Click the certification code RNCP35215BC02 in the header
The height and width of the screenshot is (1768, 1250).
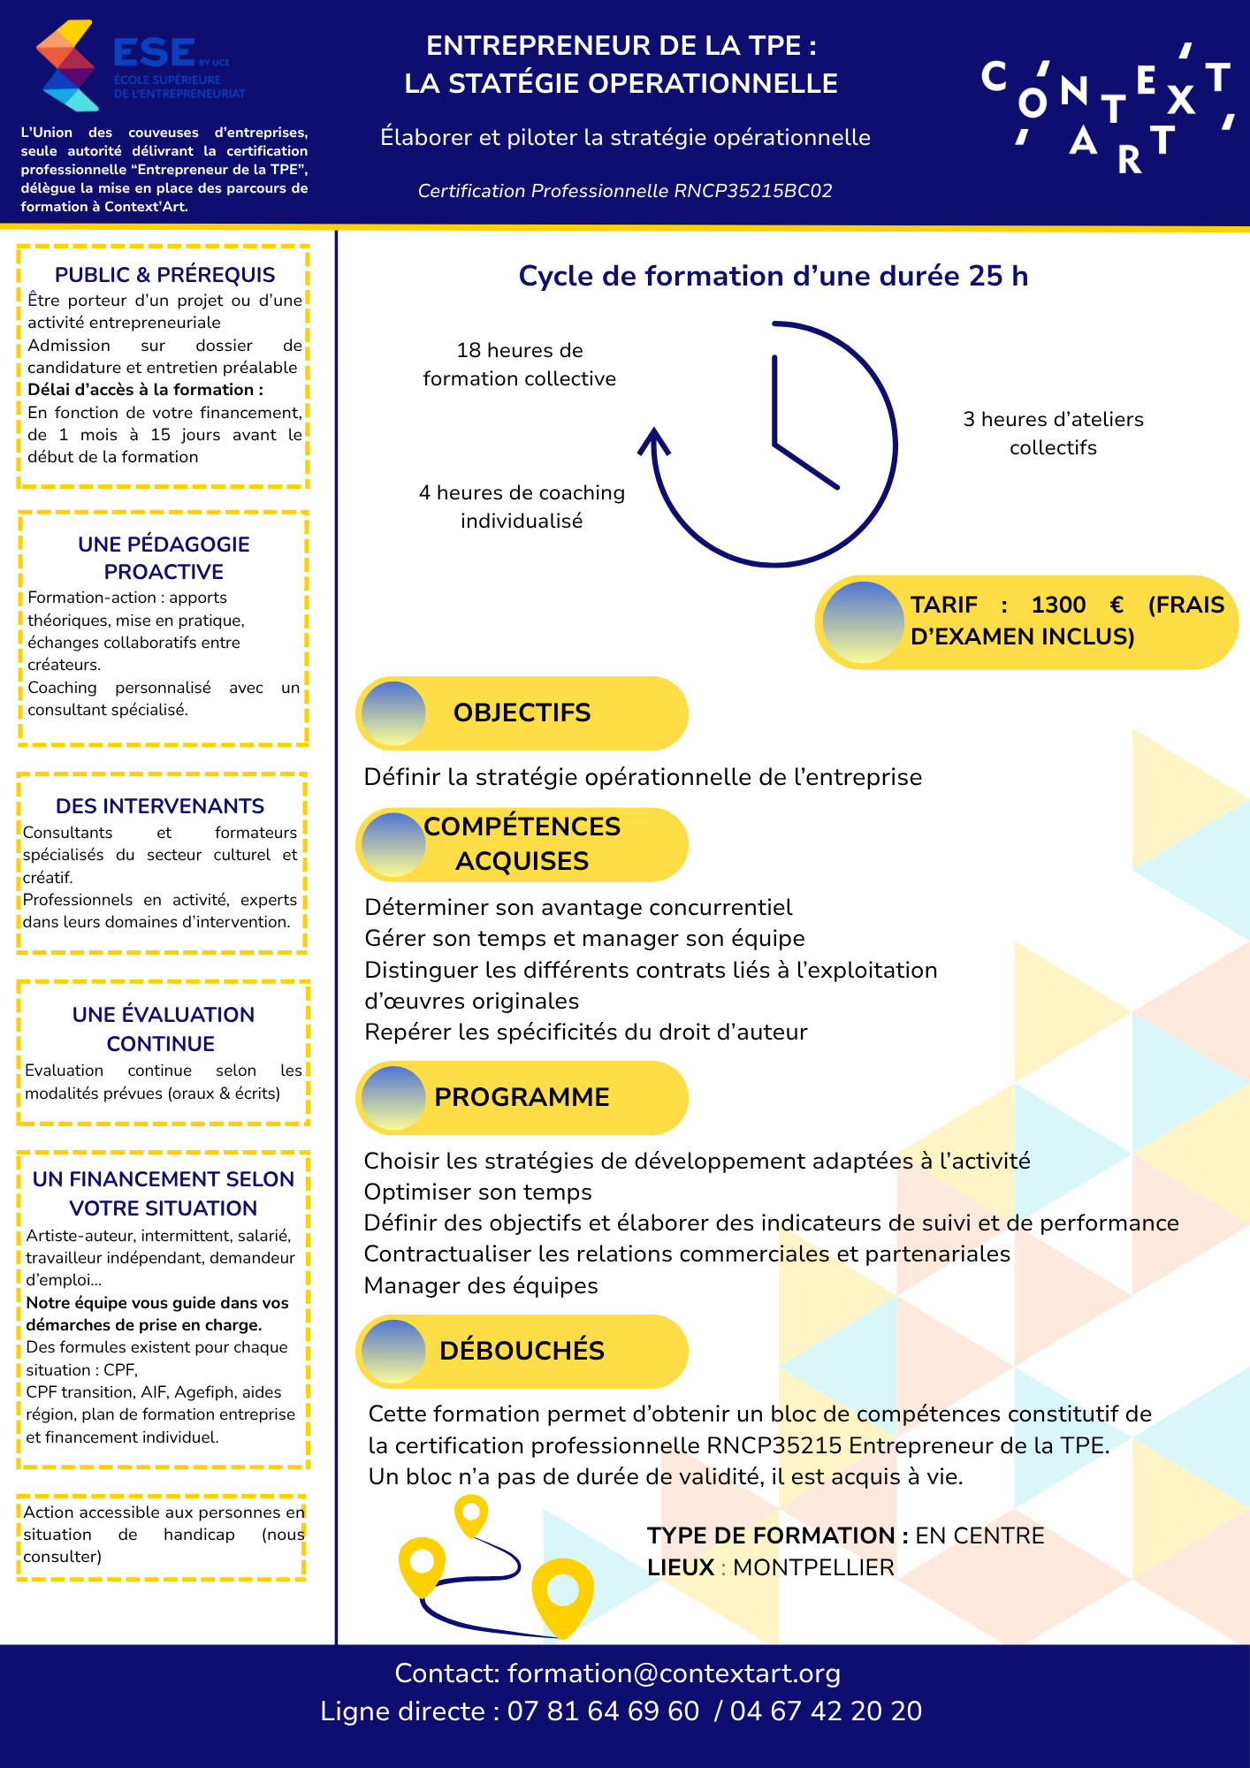752,191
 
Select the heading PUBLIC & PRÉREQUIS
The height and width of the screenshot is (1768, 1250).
164,275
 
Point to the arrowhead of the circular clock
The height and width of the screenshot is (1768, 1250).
654,438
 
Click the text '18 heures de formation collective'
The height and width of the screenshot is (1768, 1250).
520,364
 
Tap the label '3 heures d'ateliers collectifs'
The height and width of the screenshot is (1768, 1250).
1053,433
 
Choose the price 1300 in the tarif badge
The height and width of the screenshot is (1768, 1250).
1058,606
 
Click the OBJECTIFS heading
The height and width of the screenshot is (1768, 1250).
522,713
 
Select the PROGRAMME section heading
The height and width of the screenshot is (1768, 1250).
522,1097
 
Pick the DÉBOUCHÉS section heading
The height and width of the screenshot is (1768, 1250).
522,1351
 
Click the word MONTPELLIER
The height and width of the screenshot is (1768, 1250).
813,1567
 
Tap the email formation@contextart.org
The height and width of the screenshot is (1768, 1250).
674,1673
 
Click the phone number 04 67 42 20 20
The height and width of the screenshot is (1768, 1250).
826,1711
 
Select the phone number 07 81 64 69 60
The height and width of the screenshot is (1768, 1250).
603,1711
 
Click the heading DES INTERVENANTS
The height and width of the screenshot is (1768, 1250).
160,806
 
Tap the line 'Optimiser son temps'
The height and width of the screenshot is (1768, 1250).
477,1193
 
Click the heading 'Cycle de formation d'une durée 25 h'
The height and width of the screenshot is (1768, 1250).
773,276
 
